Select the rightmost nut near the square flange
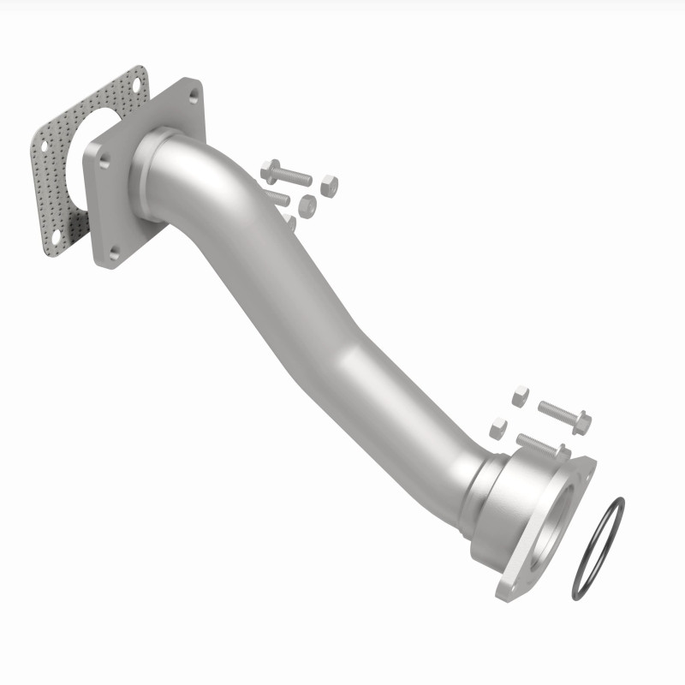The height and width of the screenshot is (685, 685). [329, 183]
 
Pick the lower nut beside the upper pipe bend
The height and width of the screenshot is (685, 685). [306, 205]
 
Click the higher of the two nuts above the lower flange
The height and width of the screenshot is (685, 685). [520, 396]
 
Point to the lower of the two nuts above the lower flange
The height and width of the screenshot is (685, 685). [497, 427]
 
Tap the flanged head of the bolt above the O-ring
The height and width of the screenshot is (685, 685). [581, 422]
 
